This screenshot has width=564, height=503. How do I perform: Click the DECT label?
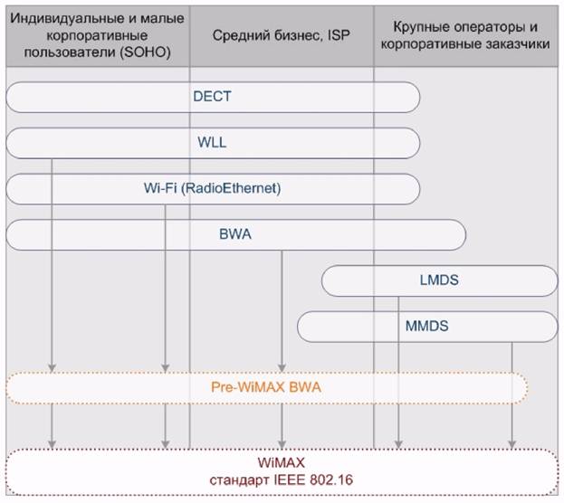coord(212,97)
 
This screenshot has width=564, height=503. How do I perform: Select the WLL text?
coord(212,142)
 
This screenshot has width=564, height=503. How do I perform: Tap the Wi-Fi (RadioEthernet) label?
coord(212,188)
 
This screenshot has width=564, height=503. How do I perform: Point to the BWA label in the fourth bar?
coord(235,234)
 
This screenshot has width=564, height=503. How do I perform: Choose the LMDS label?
coord(439,280)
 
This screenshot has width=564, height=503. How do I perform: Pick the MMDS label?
coord(427,326)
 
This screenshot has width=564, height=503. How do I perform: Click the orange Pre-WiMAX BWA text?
coord(266,387)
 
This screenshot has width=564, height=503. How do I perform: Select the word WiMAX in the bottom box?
coord(282,462)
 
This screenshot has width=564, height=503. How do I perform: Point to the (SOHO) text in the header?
coord(146,52)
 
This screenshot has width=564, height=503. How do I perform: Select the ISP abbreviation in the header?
coord(339,35)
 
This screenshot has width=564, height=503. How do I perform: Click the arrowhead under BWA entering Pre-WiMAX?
coord(282,368)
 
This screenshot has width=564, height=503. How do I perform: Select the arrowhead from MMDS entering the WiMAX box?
coord(512,444)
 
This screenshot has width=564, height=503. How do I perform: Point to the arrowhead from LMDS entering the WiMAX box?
coord(398,444)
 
